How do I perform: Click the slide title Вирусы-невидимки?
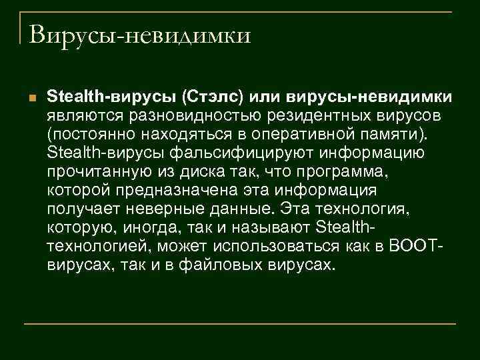tap(139, 34)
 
